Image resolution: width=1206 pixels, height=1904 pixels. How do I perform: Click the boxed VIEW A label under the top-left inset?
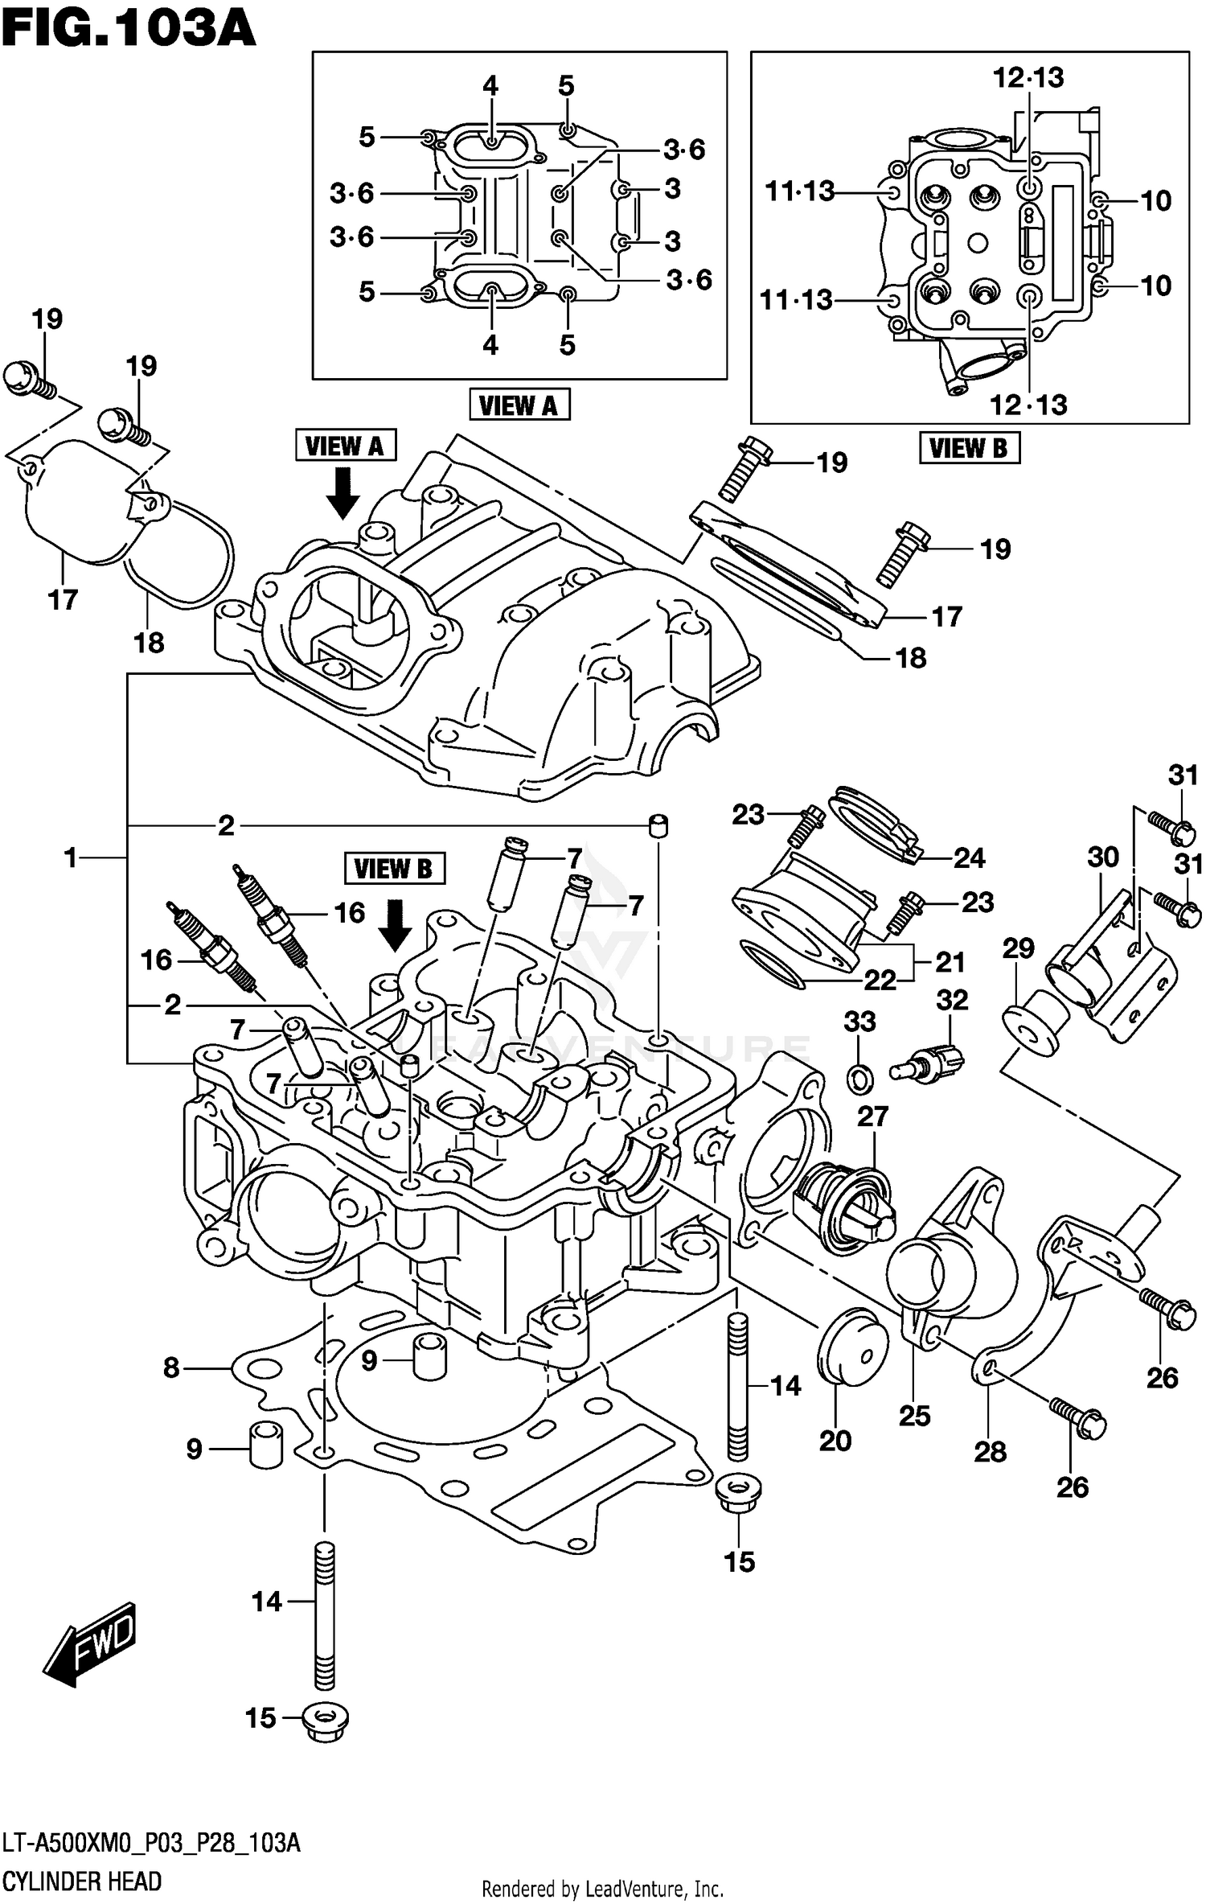(519, 405)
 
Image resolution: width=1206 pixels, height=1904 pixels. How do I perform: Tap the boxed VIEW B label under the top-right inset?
(969, 447)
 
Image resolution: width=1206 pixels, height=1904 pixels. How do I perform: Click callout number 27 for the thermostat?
(872, 1116)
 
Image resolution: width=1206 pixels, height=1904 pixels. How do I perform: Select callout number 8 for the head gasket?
(171, 1367)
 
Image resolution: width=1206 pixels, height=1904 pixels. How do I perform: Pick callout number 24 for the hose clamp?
(969, 858)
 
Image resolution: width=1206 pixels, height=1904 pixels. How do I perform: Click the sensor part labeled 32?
(929, 1062)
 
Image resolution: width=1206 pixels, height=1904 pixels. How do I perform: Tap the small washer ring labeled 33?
(860, 1077)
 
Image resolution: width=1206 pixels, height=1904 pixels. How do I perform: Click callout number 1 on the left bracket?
(71, 858)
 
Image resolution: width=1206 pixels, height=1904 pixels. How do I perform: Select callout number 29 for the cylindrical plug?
(1018, 948)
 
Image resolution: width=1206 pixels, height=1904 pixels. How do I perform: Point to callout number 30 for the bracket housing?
(1103, 857)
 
